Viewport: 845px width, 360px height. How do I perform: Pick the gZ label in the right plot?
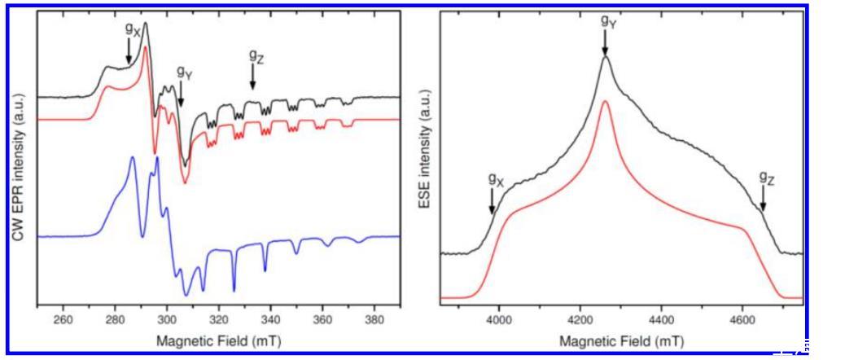pyautogui.click(x=767, y=177)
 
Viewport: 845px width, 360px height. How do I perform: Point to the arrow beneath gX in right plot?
pyautogui.click(x=492, y=200)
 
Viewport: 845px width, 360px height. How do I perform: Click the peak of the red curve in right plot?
pyautogui.click(x=605, y=102)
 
